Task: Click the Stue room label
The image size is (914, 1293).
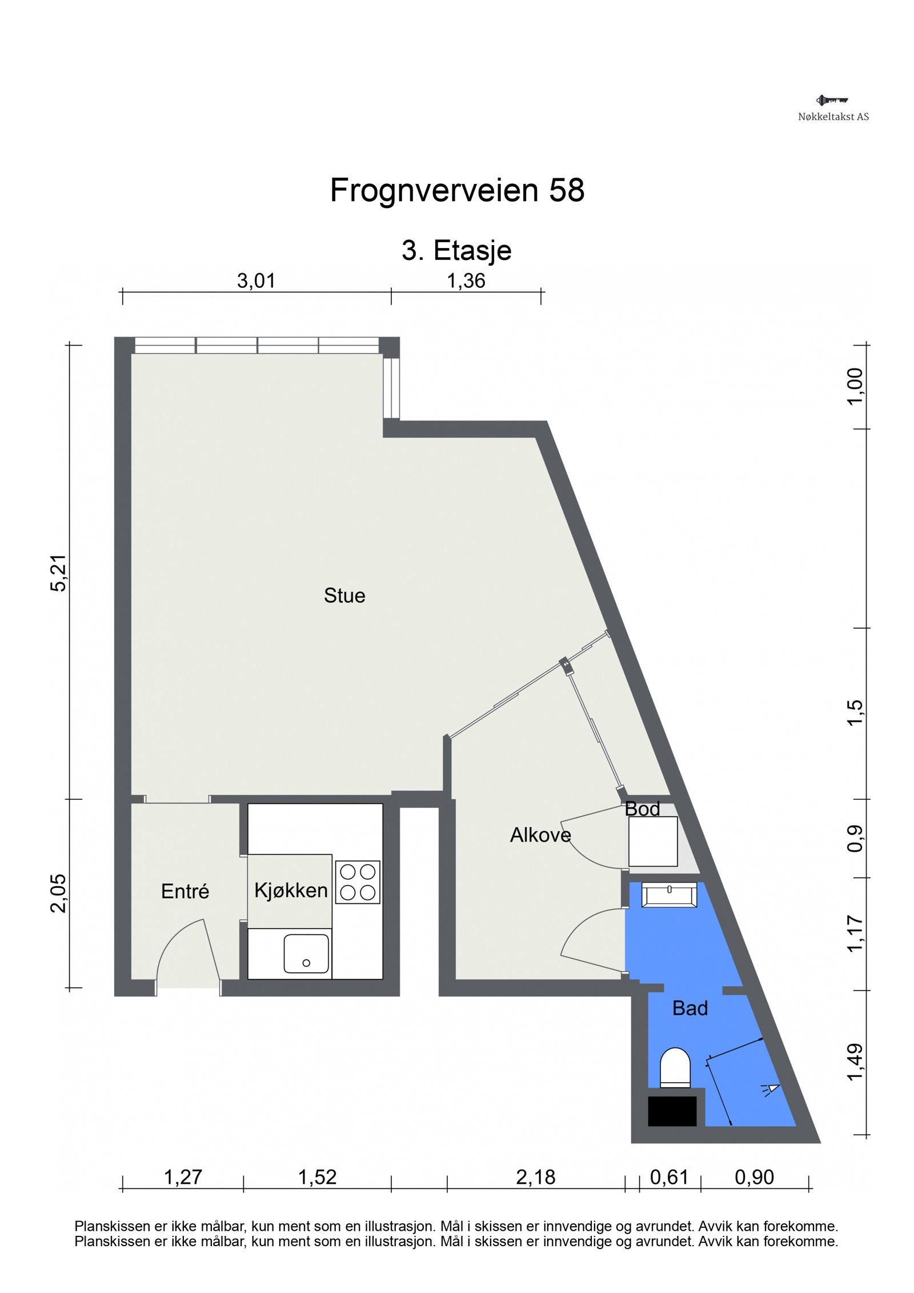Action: [x=344, y=595]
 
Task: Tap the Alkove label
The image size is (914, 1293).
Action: [x=540, y=835]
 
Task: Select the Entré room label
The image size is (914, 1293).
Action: [x=185, y=891]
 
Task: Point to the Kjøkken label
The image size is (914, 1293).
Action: [x=291, y=890]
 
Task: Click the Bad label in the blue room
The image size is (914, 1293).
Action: [x=690, y=1008]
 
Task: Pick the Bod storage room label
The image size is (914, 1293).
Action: [x=642, y=808]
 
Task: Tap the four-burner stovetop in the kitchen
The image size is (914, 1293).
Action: [x=358, y=882]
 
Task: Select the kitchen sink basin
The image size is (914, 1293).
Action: [x=307, y=953]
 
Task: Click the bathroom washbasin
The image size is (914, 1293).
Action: [x=670, y=894]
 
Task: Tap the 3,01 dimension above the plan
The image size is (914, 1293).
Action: [x=256, y=281]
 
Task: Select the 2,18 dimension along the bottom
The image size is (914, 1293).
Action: [x=535, y=1177]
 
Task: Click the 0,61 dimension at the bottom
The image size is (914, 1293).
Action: [x=670, y=1177]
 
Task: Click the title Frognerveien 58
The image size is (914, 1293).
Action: [x=457, y=190]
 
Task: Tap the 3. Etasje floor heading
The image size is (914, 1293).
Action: [x=456, y=250]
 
